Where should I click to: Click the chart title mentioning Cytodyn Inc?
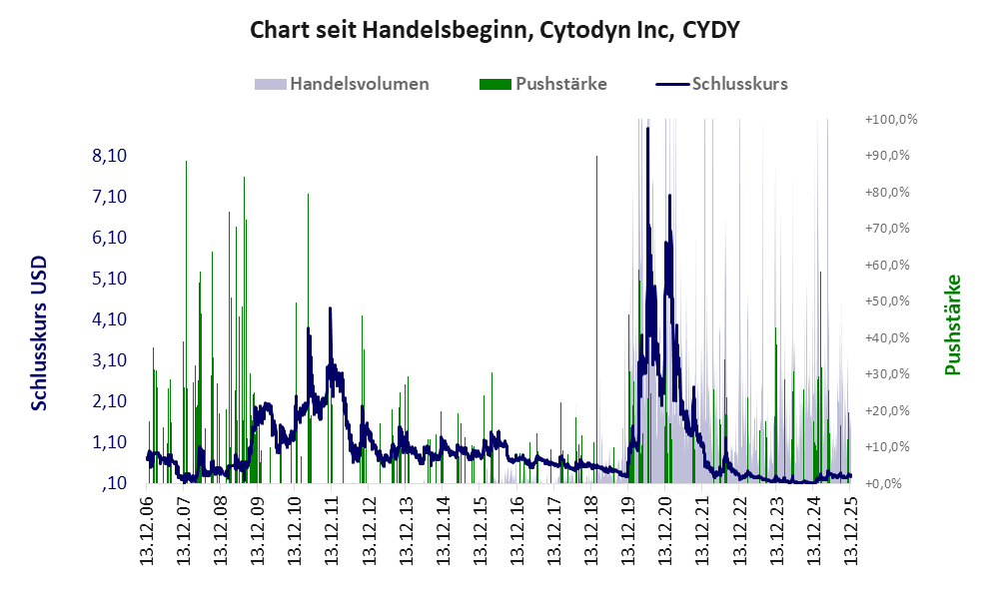(495, 30)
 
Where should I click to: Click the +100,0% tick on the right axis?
(890, 119)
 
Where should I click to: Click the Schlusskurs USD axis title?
(39, 331)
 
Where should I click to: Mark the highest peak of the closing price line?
(647, 129)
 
